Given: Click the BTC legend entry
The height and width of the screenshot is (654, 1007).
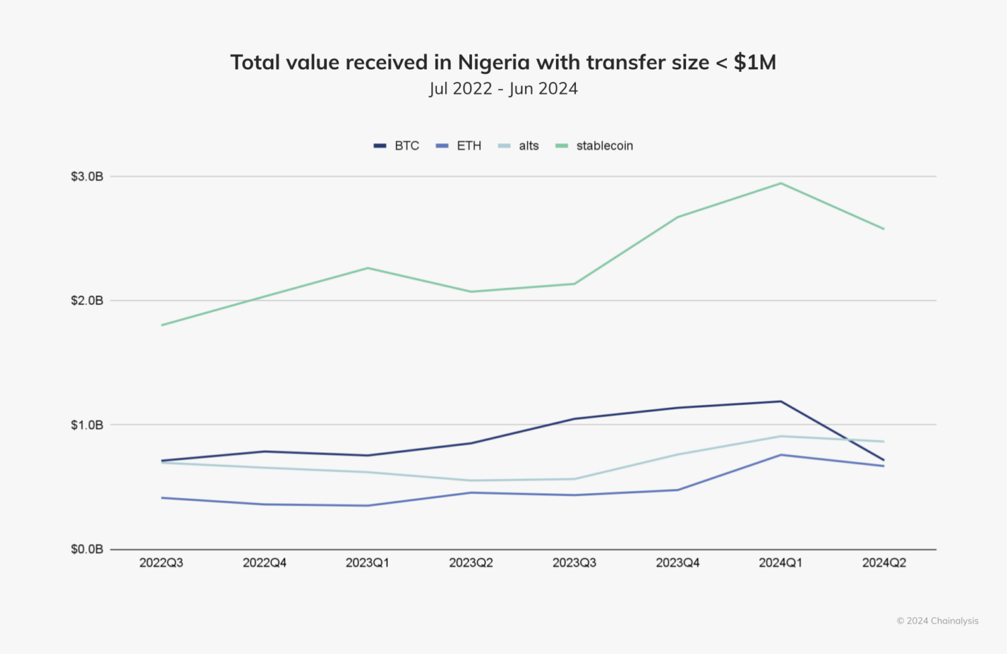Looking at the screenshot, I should [x=397, y=146].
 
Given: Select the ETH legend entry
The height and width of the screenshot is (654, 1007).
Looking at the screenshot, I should [x=460, y=146].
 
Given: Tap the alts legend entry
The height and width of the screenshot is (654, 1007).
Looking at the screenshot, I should [x=520, y=146].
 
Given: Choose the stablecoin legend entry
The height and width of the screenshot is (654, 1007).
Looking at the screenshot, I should [x=595, y=146].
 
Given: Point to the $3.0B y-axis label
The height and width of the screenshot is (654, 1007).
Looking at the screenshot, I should [x=87, y=176].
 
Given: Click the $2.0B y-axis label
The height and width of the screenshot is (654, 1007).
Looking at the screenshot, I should [x=87, y=301].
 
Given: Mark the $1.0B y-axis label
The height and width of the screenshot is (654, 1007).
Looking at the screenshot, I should [x=87, y=425].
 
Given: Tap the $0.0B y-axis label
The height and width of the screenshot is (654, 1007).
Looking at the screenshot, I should [x=87, y=549].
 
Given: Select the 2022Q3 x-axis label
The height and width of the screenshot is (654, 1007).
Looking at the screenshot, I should [x=161, y=563].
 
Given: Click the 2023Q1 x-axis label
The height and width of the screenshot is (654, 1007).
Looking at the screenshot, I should [x=367, y=563].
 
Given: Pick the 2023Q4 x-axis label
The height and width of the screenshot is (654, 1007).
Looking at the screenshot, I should [x=677, y=563].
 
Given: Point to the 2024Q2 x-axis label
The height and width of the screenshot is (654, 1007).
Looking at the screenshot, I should [x=884, y=563].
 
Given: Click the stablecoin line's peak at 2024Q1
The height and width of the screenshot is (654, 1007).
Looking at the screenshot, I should [x=781, y=183].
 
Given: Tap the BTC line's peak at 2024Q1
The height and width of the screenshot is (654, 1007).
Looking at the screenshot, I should [x=781, y=401].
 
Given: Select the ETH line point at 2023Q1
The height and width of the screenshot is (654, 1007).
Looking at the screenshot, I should [x=367, y=506].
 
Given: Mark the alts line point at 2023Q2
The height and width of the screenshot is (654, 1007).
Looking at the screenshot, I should [x=471, y=480].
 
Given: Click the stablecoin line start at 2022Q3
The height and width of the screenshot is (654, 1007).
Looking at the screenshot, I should [x=162, y=325].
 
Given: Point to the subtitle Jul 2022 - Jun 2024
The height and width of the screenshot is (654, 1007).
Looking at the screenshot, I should [x=503, y=89].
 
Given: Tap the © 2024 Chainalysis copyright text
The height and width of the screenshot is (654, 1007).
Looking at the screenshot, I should [x=937, y=621].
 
